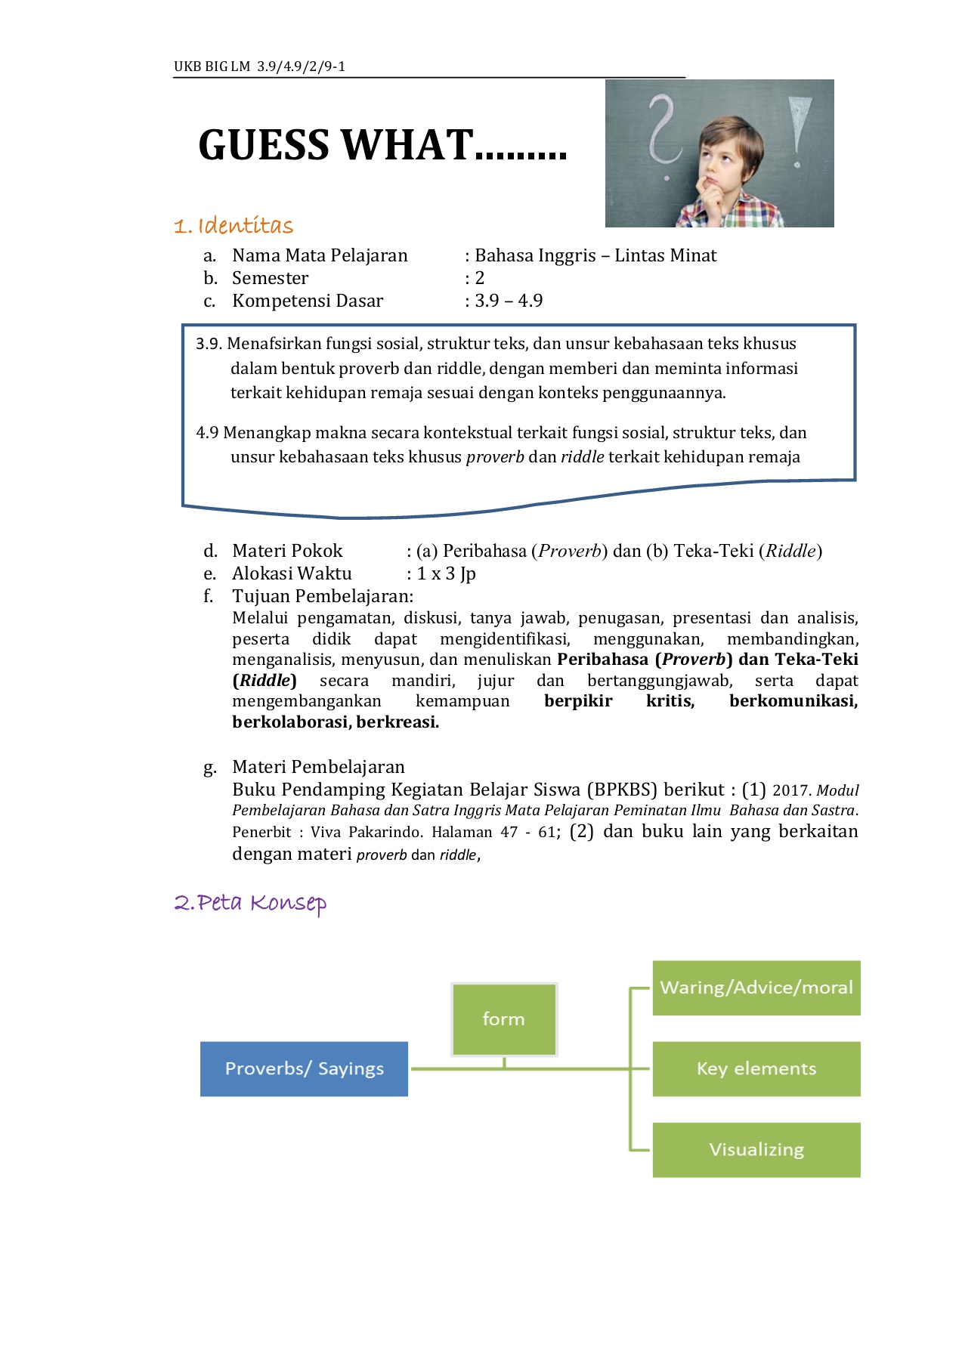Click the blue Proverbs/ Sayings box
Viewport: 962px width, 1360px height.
click(x=304, y=1068)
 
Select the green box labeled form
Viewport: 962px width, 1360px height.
click(x=504, y=1018)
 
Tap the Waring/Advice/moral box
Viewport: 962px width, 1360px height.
click(x=756, y=988)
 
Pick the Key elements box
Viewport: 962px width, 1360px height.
click(x=756, y=1068)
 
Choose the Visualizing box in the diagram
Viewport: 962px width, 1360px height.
click(x=756, y=1149)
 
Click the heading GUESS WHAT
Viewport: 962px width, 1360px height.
click(x=382, y=145)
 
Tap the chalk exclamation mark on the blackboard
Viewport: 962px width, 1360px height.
click(x=797, y=128)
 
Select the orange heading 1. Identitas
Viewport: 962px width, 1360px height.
click(x=234, y=226)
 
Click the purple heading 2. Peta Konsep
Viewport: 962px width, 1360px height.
click(x=250, y=903)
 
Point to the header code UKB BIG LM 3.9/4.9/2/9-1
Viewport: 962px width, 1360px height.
click(x=259, y=66)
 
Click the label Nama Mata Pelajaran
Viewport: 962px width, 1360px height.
click(x=320, y=255)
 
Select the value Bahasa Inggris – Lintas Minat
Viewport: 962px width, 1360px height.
click(x=595, y=255)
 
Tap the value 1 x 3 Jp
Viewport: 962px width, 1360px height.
click(x=446, y=573)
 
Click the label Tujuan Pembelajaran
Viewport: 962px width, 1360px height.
click(x=323, y=596)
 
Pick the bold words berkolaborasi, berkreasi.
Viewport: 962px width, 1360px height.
click(x=336, y=722)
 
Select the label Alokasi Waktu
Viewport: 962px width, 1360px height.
click(x=292, y=573)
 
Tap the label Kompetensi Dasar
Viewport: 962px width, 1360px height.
click(x=308, y=301)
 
